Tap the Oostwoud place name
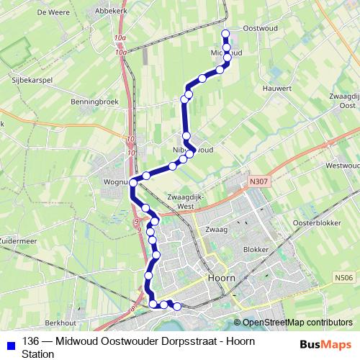260,28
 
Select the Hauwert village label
276,89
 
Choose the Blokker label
256,249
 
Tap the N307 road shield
259,181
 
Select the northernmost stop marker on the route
225,33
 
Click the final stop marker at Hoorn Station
177,307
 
